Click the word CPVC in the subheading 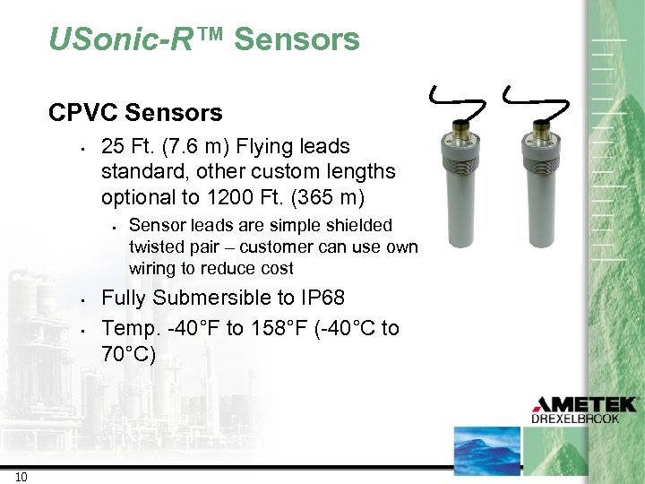85,113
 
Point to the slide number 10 21,476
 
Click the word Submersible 211,298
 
